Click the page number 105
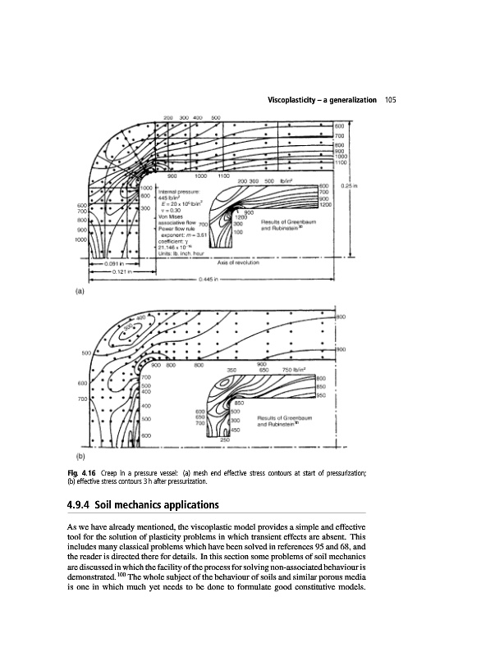(x=390, y=100)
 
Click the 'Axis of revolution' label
(x=239, y=262)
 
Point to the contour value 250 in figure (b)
(x=225, y=440)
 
